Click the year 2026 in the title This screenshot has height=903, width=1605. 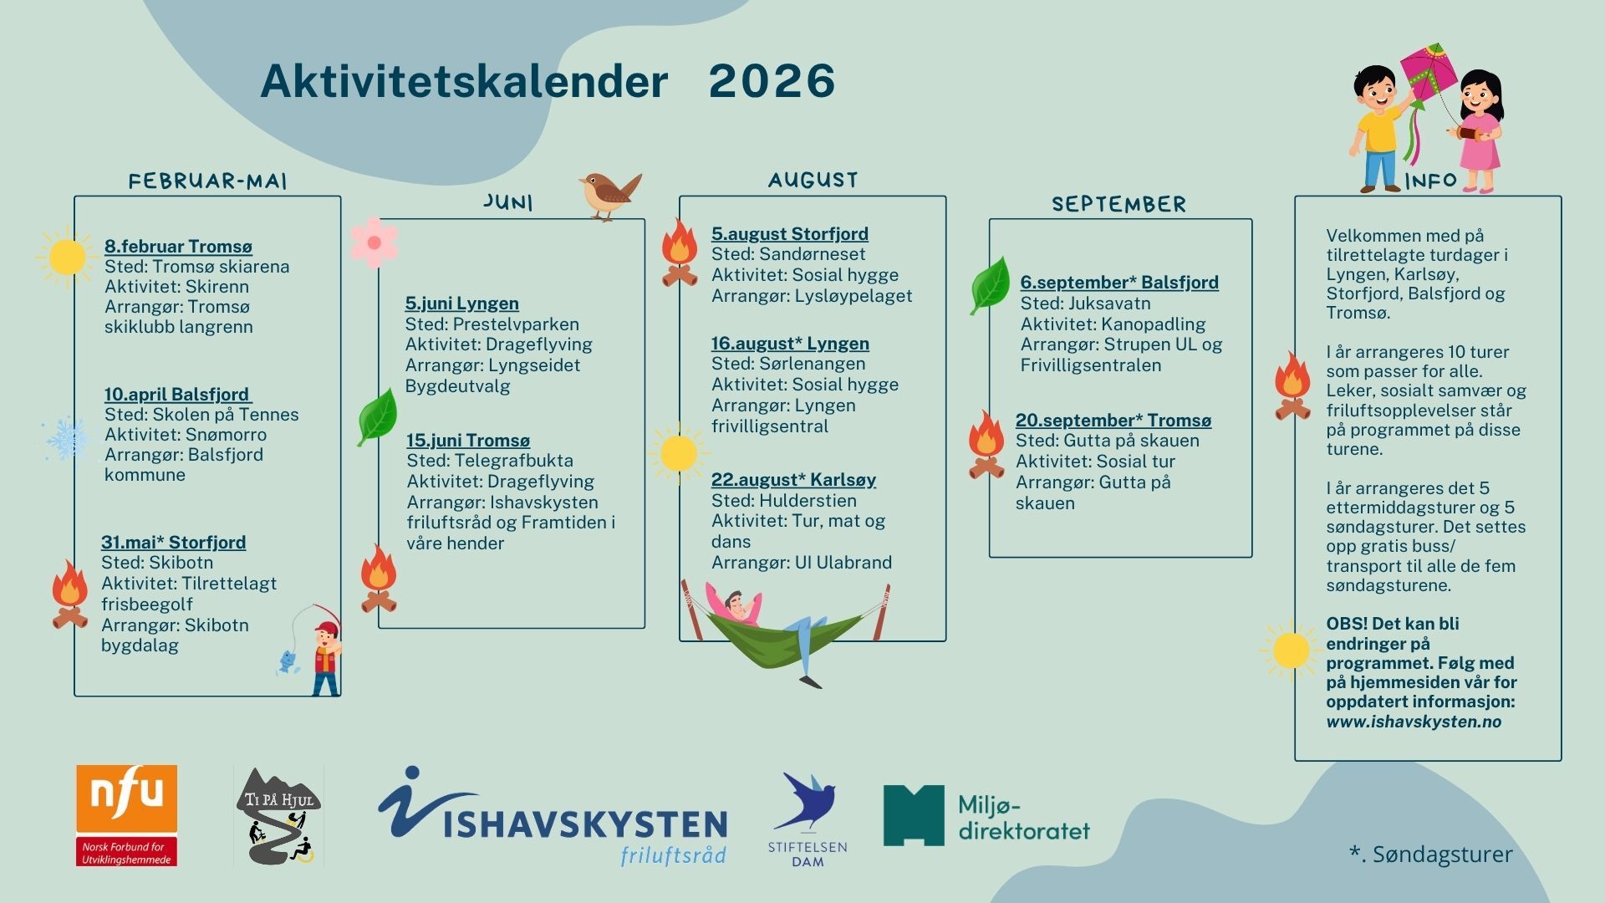point(772,81)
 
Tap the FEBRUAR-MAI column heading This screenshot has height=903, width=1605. point(207,181)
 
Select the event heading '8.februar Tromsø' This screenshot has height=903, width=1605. point(178,246)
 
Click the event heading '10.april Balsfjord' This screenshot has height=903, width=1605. point(177,394)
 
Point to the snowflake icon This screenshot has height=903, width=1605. point(67,438)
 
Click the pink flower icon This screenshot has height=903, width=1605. point(374,242)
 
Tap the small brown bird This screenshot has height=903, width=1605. point(609,195)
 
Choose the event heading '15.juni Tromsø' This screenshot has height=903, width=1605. point(468,440)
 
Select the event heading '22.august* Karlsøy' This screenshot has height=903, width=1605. point(793,479)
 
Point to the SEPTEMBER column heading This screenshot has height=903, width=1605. point(1118,204)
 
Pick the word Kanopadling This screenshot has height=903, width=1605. point(1153,324)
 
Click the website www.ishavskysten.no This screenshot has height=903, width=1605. point(1414,722)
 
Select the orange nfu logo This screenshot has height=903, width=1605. point(127,815)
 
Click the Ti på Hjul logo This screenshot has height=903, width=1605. point(278,816)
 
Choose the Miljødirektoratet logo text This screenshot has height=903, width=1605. point(1023,818)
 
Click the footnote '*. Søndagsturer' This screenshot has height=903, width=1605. point(1430,854)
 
